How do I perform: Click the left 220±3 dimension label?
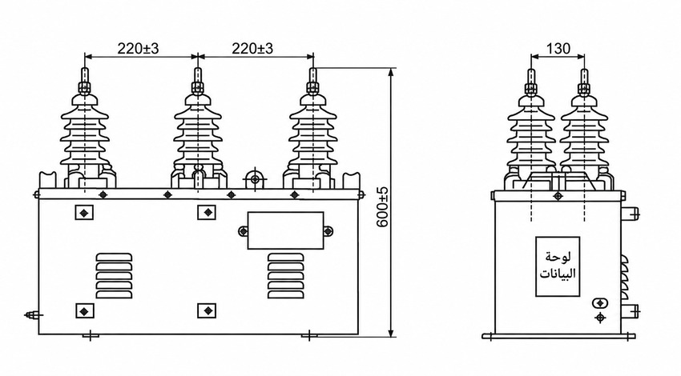[138, 48]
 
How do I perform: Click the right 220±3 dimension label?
[252, 48]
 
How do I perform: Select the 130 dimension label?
[558, 48]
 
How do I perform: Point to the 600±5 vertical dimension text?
[383, 208]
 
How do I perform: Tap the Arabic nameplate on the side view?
[558, 266]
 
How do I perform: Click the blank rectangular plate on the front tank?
[285, 230]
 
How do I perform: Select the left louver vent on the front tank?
[114, 276]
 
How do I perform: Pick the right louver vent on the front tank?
[286, 276]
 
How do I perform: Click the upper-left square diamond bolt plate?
[84, 212]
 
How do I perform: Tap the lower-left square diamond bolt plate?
[85, 311]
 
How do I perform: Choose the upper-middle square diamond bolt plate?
[207, 212]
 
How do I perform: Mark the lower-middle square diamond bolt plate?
[207, 311]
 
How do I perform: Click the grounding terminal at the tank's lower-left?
[32, 315]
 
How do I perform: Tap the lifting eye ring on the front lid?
[255, 178]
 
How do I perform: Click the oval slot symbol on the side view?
[600, 302]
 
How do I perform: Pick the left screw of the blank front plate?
[243, 231]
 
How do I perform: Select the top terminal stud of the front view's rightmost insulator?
[312, 81]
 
